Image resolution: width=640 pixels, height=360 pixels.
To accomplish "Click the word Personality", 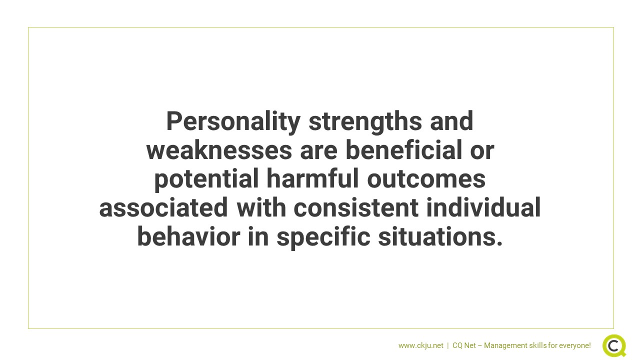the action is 233,122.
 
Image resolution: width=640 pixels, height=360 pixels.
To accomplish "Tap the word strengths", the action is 365,121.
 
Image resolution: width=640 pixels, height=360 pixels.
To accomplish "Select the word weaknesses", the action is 219,150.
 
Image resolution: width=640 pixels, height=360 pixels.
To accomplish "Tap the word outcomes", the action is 426,179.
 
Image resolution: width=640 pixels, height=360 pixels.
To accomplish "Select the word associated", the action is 163,207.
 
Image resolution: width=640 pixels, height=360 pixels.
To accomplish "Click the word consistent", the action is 356,207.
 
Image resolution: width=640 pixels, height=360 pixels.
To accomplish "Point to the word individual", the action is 483,207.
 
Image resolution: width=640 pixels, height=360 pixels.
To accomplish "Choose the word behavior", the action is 188,236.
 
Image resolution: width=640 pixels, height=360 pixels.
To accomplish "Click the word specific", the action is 323,237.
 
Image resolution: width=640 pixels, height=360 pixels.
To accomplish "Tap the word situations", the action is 440,236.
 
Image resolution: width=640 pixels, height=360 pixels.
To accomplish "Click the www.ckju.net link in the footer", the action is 421,345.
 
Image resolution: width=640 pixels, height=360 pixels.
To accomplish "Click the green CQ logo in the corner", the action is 614,345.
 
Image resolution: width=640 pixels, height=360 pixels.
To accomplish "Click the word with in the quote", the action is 261,207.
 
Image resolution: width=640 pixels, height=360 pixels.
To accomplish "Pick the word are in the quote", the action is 319,151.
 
